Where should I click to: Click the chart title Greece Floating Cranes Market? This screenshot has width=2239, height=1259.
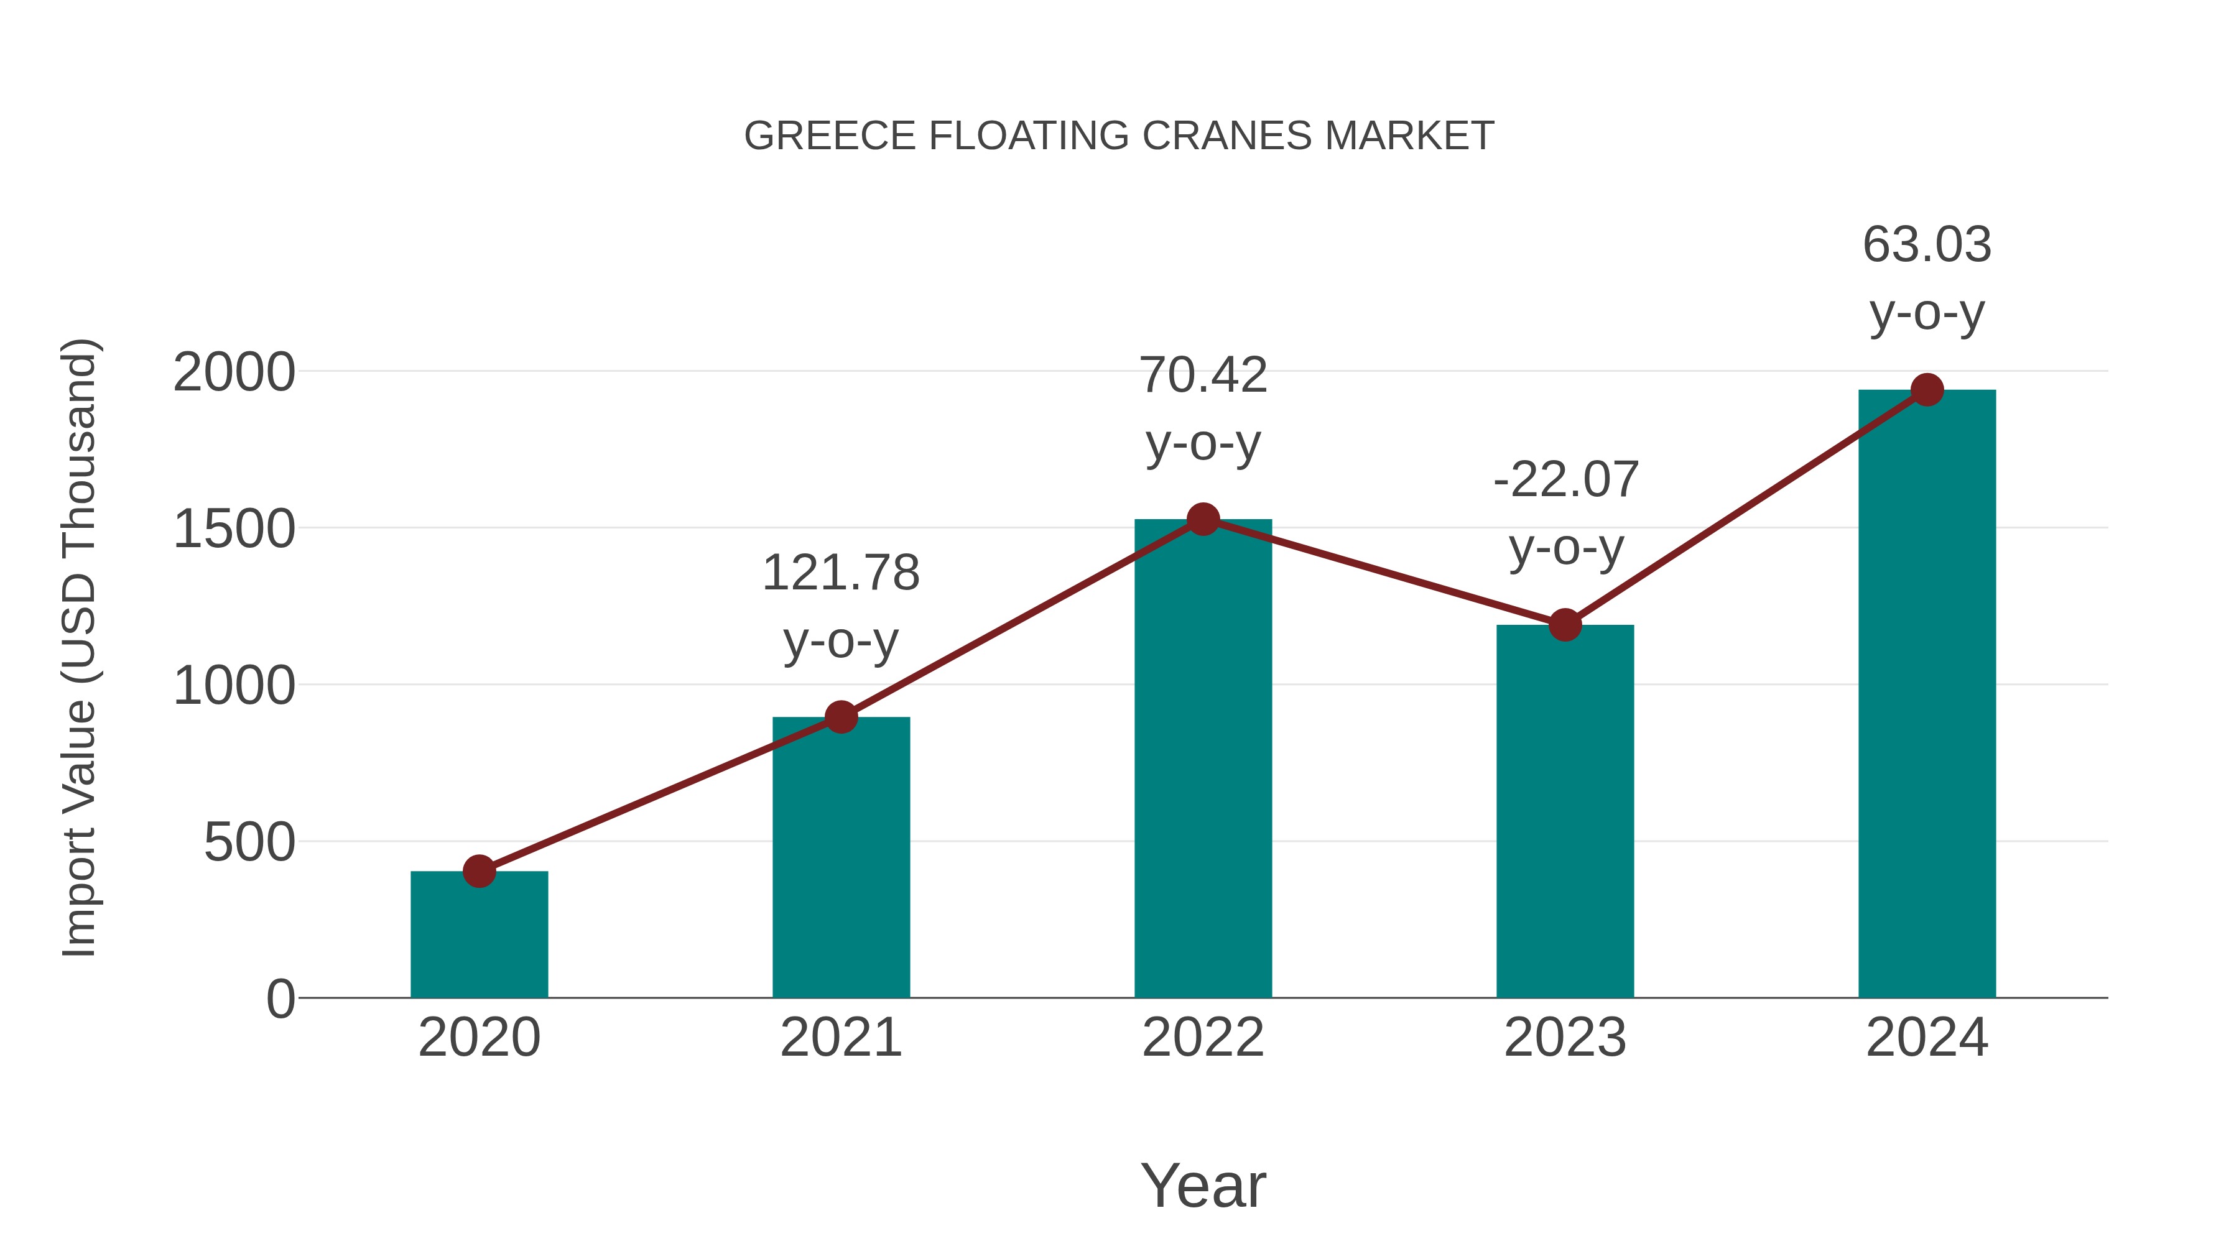[x=1119, y=136]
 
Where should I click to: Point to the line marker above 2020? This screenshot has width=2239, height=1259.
[x=479, y=870]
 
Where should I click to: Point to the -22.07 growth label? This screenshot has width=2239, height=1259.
[x=1565, y=481]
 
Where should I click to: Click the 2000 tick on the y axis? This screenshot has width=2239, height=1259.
[x=234, y=373]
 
